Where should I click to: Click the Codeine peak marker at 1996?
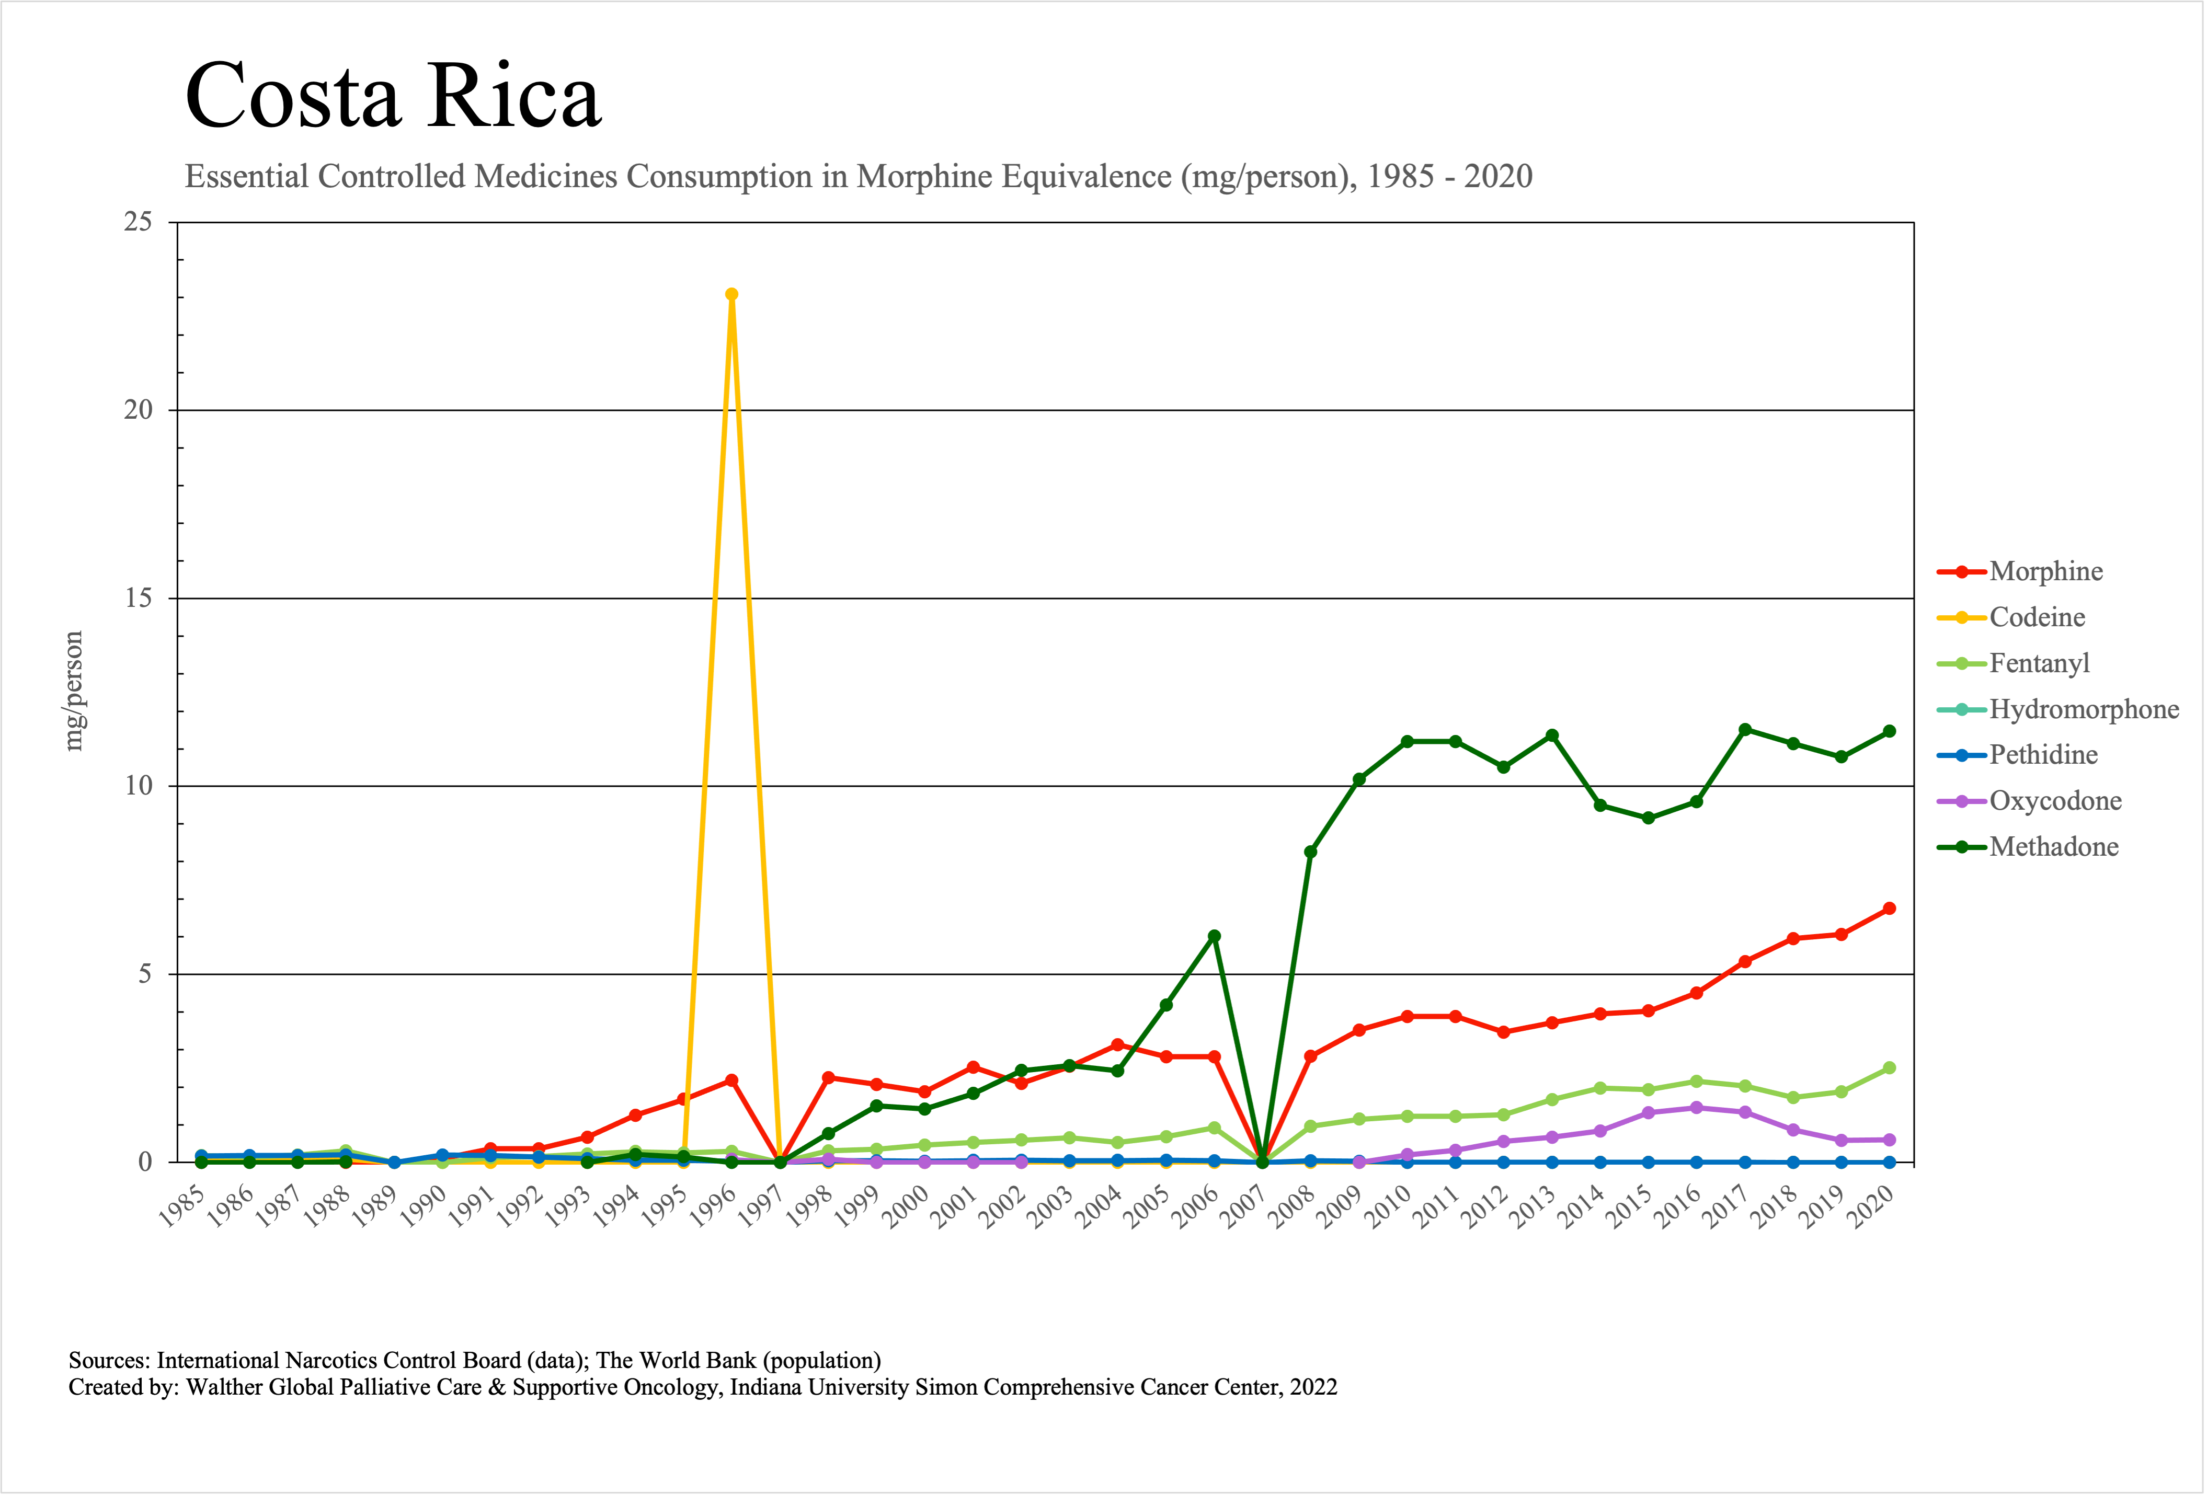[731, 294]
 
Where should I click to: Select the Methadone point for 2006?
[1214, 936]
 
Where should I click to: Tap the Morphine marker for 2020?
[1889, 908]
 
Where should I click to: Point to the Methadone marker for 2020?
[1889, 731]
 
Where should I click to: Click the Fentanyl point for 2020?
[1889, 1068]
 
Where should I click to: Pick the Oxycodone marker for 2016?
[1696, 1108]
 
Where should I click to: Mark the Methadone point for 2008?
[1310, 852]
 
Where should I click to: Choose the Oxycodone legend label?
[2055, 801]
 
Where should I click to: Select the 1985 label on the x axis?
[182, 1207]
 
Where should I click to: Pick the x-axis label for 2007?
[1244, 1207]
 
